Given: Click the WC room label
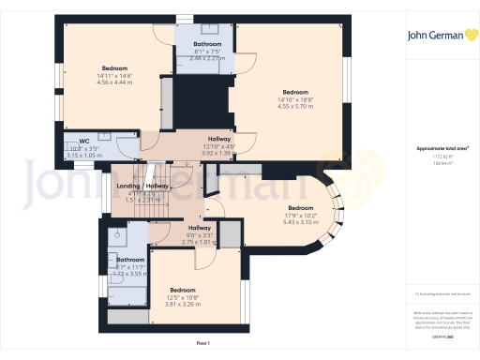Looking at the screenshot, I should coord(84,141).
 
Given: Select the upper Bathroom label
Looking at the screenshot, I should coord(207,44).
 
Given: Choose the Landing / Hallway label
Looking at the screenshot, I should coord(142,186).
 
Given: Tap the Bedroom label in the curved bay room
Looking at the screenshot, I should coord(300,207).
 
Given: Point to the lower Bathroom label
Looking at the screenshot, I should coord(130,259).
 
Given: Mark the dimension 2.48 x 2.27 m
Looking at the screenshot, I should coord(207,58).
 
